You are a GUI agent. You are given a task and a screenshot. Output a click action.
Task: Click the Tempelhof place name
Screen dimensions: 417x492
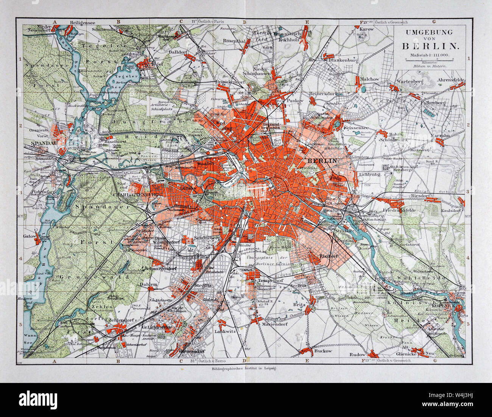pos(268,281)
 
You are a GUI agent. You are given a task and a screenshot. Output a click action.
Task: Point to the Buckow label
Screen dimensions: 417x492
pos(323,351)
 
